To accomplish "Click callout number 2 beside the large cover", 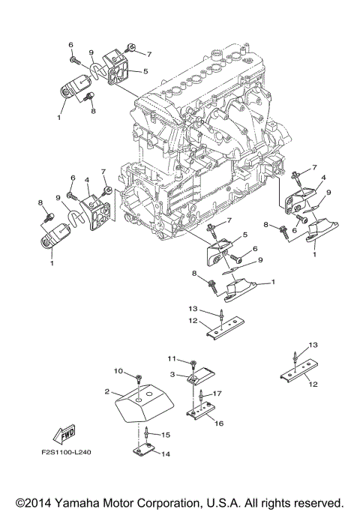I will click(109, 391).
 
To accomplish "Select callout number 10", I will click(118, 370).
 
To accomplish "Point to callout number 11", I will click(171, 358).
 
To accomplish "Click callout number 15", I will click(166, 434).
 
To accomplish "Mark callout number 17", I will click(217, 394).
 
